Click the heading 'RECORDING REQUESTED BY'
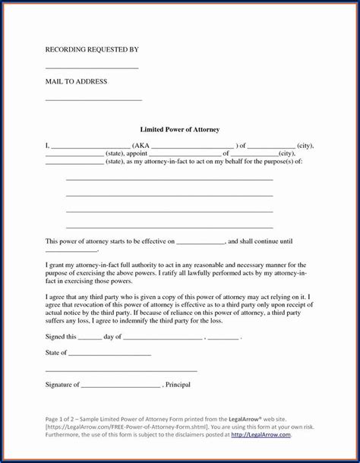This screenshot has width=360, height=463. [x=92, y=49]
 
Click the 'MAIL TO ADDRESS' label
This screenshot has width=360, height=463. [x=76, y=81]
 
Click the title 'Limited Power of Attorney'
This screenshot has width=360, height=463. [x=179, y=130]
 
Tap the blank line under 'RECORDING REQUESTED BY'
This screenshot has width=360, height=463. [x=92, y=68]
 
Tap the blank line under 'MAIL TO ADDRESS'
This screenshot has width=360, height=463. [x=93, y=99]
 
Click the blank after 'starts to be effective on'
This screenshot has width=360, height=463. [x=201, y=242]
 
